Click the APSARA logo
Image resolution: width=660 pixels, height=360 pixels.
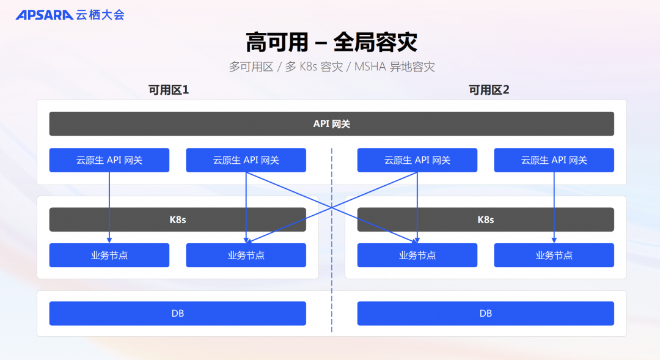pyautogui.click(x=44, y=15)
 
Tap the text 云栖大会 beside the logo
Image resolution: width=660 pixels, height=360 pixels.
pyautogui.click(x=100, y=15)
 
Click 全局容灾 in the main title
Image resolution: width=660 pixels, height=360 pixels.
pyautogui.click(x=375, y=43)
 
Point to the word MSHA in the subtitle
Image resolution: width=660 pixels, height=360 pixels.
pyautogui.click(x=370, y=67)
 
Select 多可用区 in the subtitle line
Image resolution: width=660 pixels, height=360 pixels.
pyautogui.click(x=251, y=67)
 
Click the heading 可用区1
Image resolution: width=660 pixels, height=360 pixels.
pyautogui.click(x=169, y=90)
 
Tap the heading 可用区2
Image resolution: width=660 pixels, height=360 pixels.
pyautogui.click(x=488, y=90)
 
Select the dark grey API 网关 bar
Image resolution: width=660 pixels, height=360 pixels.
pyautogui.click(x=331, y=124)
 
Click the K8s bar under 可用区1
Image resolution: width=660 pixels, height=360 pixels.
pyautogui.click(x=177, y=220)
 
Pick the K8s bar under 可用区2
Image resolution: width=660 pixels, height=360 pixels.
pyautogui.click(x=485, y=220)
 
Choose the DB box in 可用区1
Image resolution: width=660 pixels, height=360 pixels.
pyautogui.click(x=177, y=314)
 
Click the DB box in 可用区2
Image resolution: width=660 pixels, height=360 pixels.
pyautogui.click(x=485, y=314)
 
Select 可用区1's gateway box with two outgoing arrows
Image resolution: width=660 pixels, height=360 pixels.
pyautogui.click(x=246, y=160)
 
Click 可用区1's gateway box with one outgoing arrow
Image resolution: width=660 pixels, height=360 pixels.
pyautogui.click(x=109, y=160)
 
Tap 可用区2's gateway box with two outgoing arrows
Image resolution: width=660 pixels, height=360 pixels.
pyautogui.click(x=417, y=160)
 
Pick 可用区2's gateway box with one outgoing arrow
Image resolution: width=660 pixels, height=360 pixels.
pyautogui.click(x=554, y=160)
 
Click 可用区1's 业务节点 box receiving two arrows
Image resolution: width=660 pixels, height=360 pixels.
pyautogui.click(x=246, y=255)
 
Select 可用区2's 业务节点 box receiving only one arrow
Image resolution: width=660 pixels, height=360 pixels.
pyautogui.click(x=554, y=255)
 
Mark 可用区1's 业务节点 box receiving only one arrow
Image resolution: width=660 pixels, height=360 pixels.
pyautogui.click(x=109, y=255)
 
